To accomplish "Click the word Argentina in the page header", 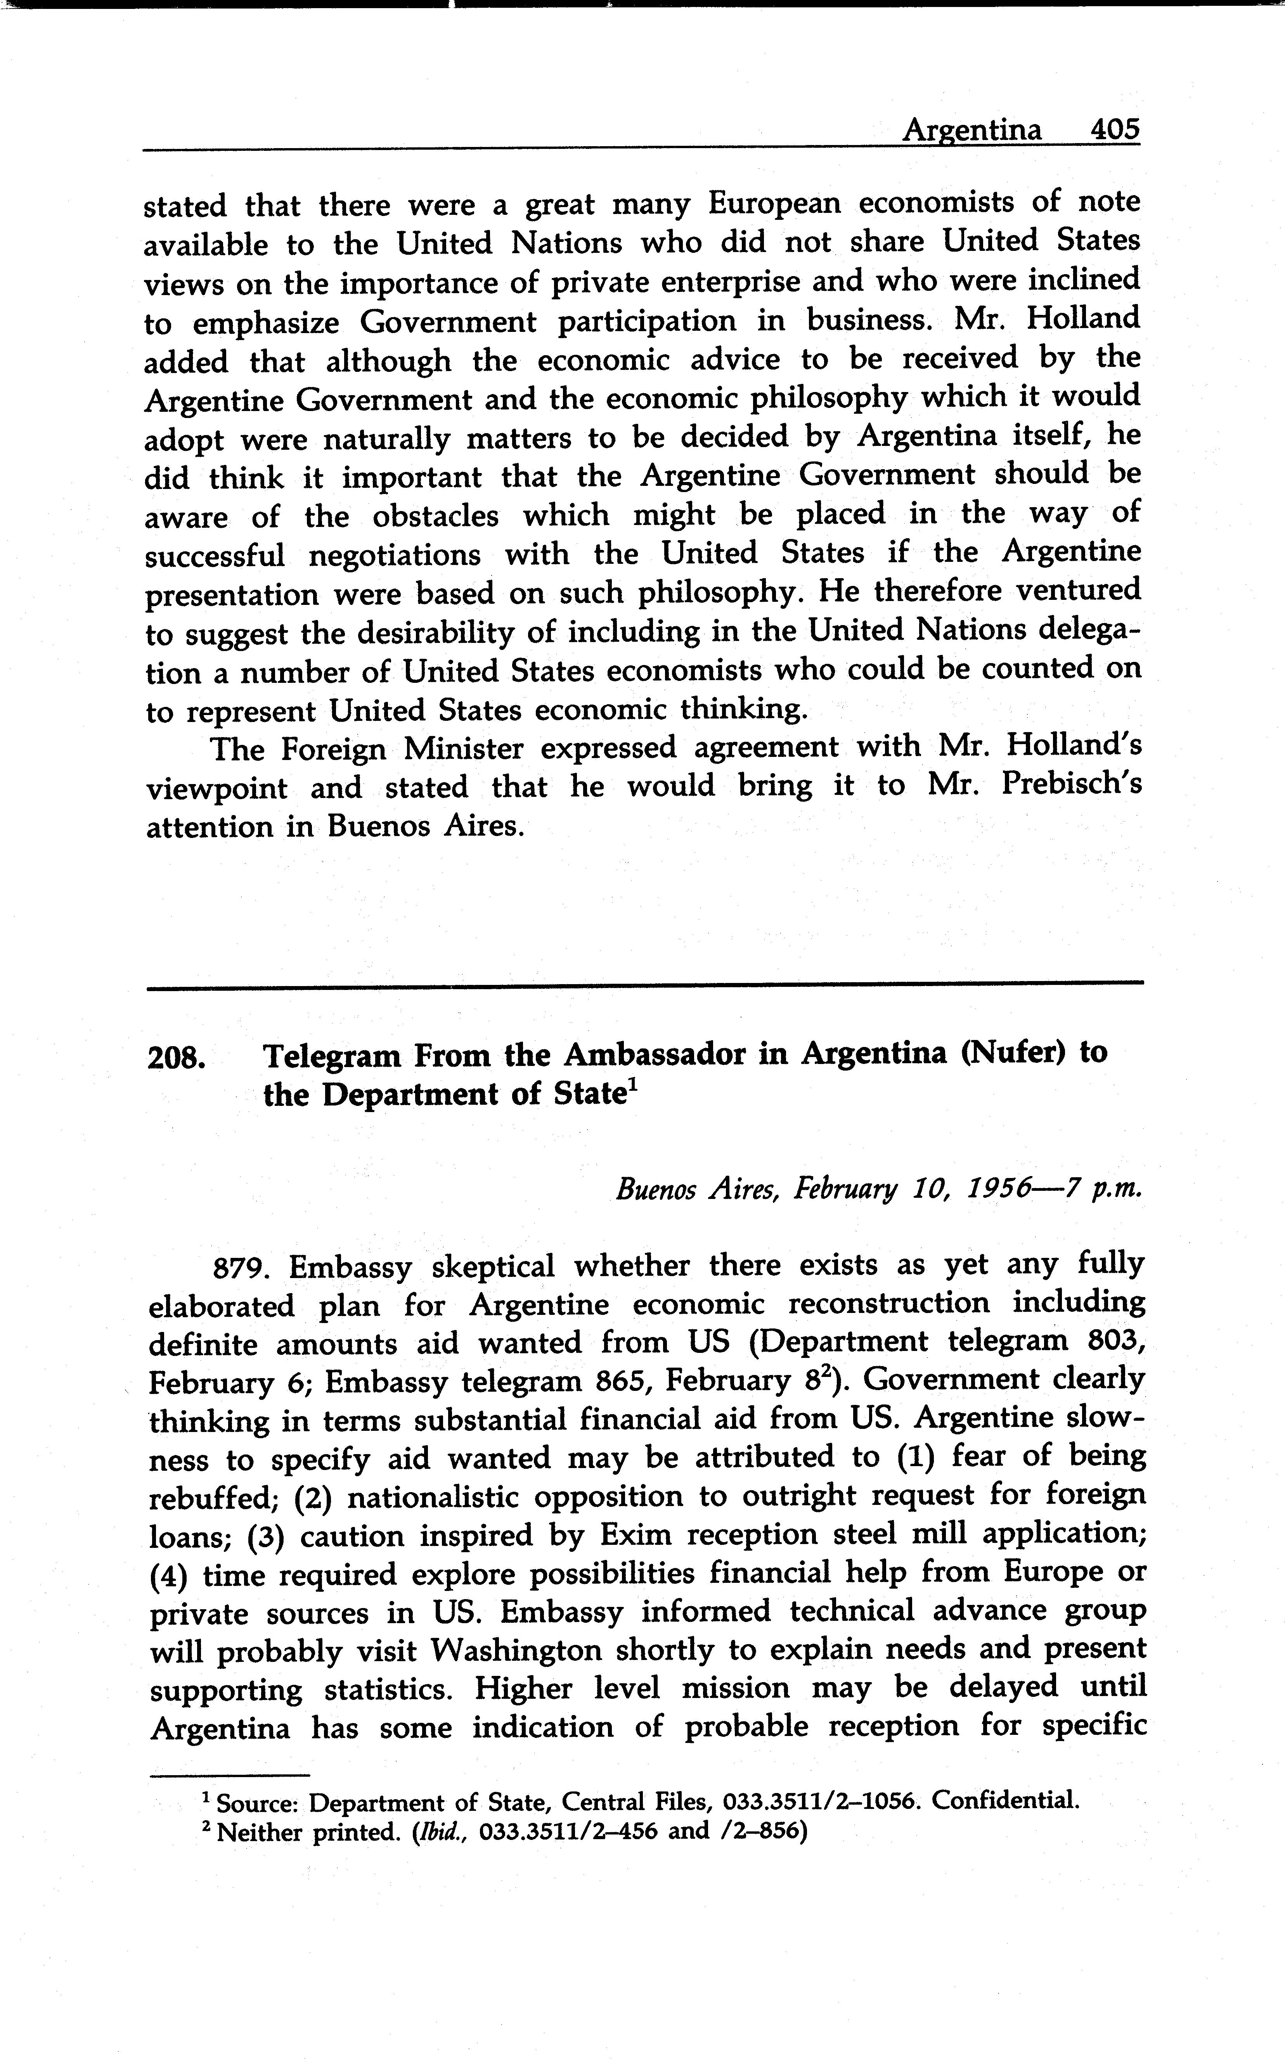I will pos(972,130).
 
